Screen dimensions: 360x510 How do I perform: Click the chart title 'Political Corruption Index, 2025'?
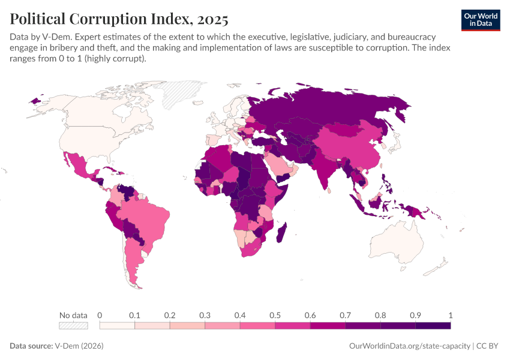click(x=119, y=18)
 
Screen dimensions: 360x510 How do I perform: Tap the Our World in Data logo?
click(x=480, y=20)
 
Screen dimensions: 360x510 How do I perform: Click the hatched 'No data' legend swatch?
click(x=73, y=326)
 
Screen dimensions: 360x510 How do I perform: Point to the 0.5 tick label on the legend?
click(x=275, y=315)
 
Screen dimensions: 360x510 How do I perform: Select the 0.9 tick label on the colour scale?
click(x=415, y=315)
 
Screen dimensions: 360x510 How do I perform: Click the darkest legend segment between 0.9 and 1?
click(x=433, y=326)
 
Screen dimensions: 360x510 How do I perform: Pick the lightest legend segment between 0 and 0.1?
click(x=117, y=326)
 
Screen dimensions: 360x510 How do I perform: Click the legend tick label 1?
click(x=450, y=315)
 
